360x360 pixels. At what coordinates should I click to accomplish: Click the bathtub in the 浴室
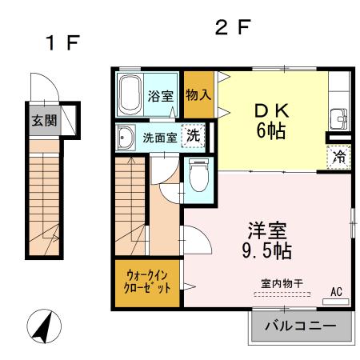point(130,95)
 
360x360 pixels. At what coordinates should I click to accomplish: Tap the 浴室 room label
point(161,97)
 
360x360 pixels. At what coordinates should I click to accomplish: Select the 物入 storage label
point(198,94)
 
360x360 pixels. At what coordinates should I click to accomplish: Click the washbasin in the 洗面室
point(126,138)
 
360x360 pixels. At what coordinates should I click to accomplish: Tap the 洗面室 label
point(159,138)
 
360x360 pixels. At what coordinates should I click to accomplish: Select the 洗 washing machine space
point(193,137)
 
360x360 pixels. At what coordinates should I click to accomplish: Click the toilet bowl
point(198,178)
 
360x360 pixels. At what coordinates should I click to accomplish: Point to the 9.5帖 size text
point(267,251)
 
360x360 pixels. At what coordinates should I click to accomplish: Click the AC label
point(336,292)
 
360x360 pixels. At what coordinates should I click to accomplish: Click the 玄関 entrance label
point(43,122)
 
